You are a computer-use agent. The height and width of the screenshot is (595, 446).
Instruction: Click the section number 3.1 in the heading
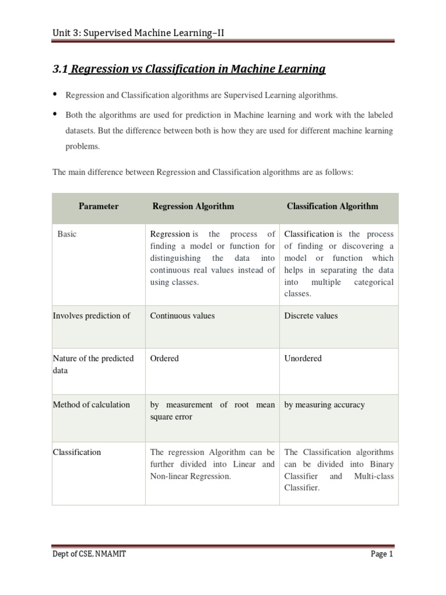(x=60, y=70)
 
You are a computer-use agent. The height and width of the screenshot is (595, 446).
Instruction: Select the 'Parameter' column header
(x=99, y=206)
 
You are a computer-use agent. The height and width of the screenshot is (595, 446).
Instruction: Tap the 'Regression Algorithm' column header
(x=193, y=206)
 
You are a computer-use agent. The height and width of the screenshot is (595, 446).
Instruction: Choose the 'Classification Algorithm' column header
(x=332, y=206)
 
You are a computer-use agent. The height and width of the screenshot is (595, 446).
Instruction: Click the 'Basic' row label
(x=67, y=234)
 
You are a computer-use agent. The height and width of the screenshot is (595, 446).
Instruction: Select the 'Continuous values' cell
(x=182, y=316)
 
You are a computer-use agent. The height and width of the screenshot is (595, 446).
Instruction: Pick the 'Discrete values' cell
(x=311, y=316)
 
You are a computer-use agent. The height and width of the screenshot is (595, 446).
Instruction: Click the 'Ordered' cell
(x=164, y=359)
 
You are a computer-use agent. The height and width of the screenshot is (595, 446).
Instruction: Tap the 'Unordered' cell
(x=303, y=359)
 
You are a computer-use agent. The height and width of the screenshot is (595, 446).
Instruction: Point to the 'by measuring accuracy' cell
(x=324, y=405)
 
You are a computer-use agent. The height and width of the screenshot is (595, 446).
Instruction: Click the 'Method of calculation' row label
(x=91, y=405)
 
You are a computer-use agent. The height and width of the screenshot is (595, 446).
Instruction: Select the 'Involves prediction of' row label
(x=91, y=316)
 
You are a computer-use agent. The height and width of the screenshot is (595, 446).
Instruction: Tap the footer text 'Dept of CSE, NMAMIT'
(x=89, y=554)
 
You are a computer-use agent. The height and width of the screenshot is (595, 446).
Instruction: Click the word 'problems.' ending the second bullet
(x=82, y=147)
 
